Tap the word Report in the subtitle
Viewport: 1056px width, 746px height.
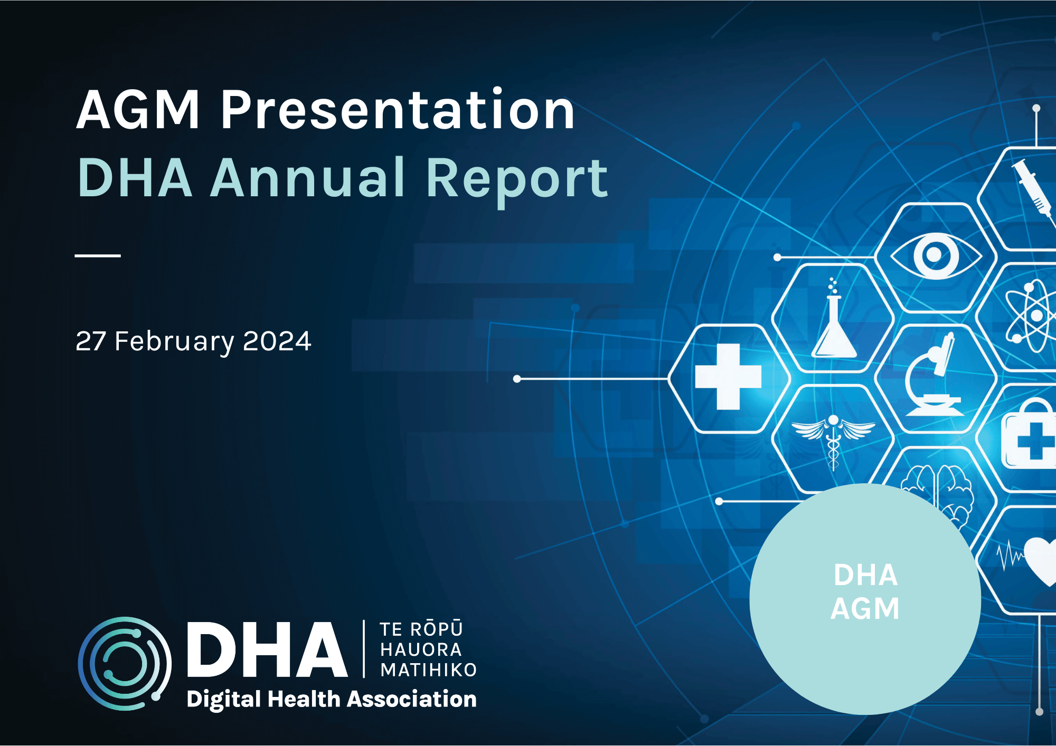tap(516, 179)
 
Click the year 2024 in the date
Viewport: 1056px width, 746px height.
tap(277, 341)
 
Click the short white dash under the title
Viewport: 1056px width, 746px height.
tap(98, 255)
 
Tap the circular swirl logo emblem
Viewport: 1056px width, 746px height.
tap(125, 663)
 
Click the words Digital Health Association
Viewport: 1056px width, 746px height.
tap(332, 699)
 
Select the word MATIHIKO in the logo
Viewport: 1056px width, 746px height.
tap(428, 670)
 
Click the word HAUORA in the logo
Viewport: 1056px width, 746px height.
tap(421, 649)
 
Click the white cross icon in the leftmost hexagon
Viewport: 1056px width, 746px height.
tap(728, 377)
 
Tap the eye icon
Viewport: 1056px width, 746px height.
tap(935, 256)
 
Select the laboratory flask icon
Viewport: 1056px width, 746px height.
tap(834, 323)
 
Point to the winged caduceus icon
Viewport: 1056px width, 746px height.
tap(833, 438)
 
